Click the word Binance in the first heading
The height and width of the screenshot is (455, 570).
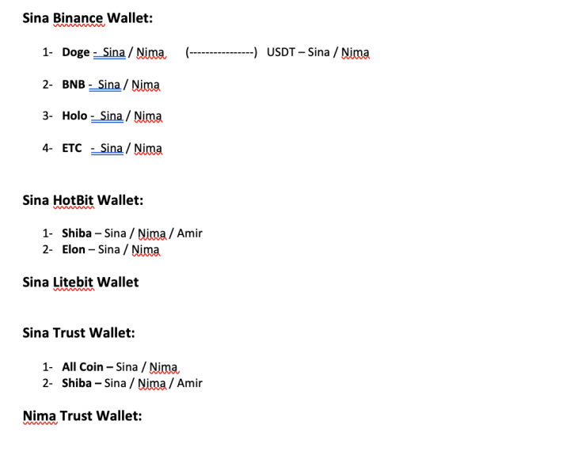[x=78, y=17]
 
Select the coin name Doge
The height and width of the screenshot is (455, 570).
[x=76, y=52]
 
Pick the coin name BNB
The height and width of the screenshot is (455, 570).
[x=74, y=85]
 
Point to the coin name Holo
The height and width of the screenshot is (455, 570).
[x=74, y=116]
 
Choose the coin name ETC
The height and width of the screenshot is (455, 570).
[x=72, y=148]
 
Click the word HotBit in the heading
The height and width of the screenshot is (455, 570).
[x=73, y=199]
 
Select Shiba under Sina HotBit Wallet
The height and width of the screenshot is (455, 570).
[x=77, y=233]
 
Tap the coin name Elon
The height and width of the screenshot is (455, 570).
[x=74, y=249]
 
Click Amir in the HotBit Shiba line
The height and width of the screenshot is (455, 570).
[x=190, y=233]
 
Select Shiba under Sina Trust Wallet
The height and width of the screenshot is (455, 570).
[x=77, y=383]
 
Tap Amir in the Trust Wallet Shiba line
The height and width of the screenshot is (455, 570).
[x=190, y=383]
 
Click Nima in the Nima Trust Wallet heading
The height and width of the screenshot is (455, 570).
[x=39, y=415]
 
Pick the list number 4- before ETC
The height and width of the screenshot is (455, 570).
[x=47, y=148]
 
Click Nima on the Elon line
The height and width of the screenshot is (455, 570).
[x=146, y=249]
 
